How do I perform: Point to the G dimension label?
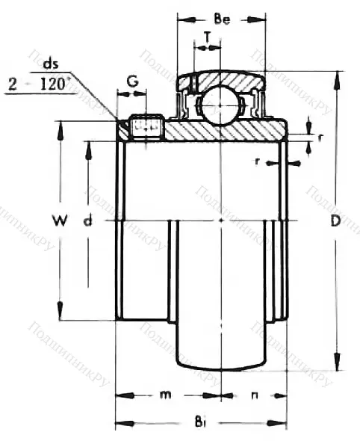pos(131,80)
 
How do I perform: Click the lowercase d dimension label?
pos(89,220)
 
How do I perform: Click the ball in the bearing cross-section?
pos(220,104)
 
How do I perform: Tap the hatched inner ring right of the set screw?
pos(224,132)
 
